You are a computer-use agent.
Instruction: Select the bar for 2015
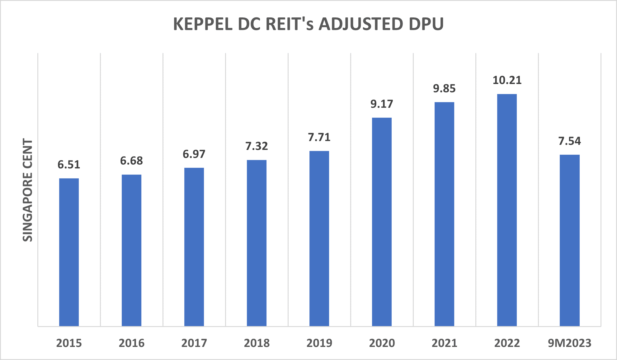69,252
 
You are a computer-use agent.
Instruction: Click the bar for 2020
382,222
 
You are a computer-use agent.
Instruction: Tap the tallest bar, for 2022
507,210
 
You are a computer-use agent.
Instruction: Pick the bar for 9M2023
569,240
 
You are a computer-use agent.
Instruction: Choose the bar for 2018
257,243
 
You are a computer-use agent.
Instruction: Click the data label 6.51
69,164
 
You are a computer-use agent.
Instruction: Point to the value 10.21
507,80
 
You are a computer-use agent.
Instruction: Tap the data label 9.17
382,104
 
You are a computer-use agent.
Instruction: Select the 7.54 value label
569,141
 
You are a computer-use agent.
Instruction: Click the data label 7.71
319,137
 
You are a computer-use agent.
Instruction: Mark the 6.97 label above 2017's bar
194,154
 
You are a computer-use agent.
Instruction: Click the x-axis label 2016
131,343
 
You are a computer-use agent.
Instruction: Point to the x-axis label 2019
319,343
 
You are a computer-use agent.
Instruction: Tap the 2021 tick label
444,343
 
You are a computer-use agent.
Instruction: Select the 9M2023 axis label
569,343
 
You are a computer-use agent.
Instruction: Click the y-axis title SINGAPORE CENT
28,190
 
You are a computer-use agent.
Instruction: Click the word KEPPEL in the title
203,24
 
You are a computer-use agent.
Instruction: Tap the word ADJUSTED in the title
360,24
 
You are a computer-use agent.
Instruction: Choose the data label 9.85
444,89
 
